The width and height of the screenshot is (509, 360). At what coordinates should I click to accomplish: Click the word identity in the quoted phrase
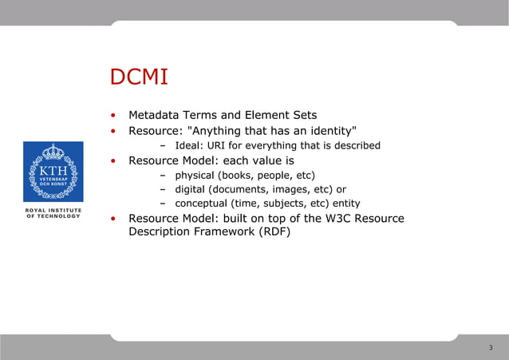pyautogui.click(x=330, y=130)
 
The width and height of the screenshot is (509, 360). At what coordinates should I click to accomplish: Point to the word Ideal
pyautogui.click(x=189, y=145)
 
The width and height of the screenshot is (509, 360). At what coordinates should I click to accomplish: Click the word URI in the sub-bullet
pyautogui.click(x=219, y=145)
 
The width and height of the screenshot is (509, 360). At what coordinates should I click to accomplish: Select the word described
pyautogui.click(x=355, y=145)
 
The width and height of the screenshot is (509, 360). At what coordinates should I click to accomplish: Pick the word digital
pyautogui.click(x=191, y=189)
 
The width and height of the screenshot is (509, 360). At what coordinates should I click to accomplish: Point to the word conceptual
pyautogui.click(x=202, y=204)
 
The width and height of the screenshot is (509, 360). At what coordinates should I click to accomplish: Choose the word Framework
pyautogui.click(x=228, y=233)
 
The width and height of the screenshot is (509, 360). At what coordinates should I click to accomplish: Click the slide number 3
pyautogui.click(x=490, y=348)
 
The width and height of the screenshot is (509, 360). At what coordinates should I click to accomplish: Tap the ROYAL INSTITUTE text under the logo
pyautogui.click(x=53, y=210)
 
